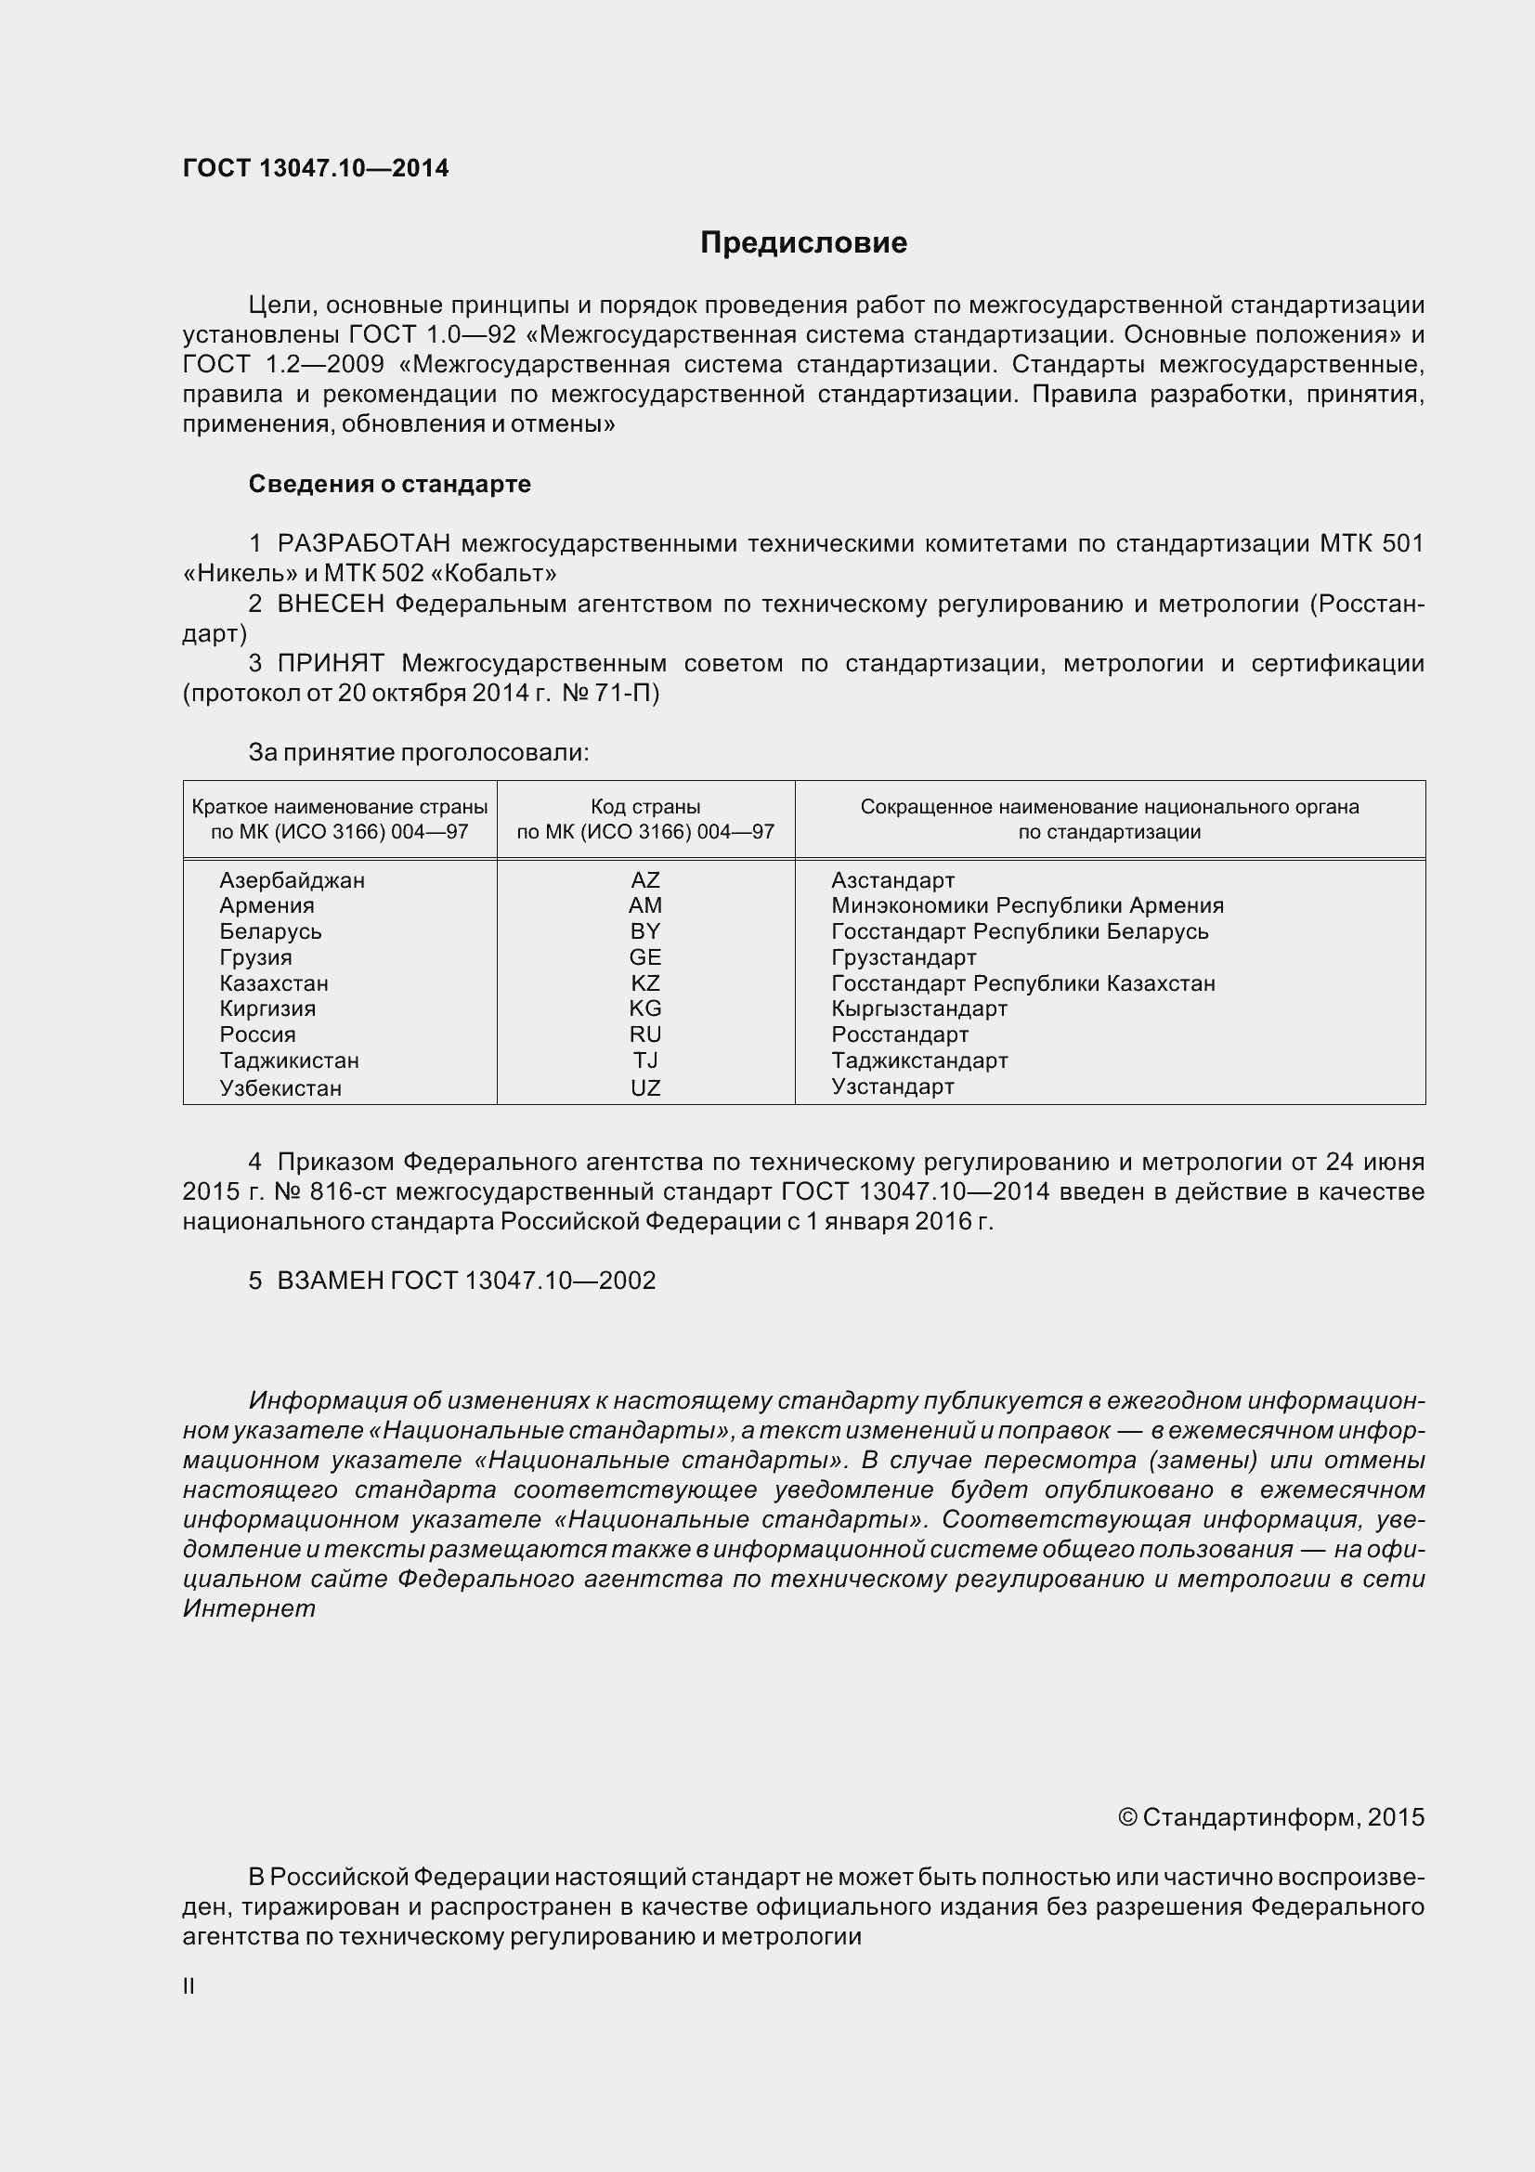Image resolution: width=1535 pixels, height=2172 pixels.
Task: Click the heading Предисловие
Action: (x=803, y=243)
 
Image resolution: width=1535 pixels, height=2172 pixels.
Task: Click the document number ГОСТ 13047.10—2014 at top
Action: (x=316, y=168)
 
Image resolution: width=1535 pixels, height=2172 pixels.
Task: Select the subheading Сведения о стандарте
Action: (x=390, y=484)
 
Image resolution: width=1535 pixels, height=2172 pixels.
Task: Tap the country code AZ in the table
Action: (x=645, y=879)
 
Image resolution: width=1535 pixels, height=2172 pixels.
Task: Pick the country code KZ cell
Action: (x=645, y=982)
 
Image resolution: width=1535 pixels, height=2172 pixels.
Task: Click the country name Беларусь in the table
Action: (x=270, y=930)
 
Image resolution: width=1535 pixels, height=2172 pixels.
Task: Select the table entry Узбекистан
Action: (x=280, y=1087)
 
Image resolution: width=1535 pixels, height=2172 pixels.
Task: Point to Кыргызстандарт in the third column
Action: (x=919, y=1008)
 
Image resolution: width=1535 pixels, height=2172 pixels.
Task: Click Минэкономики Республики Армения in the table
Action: (x=1027, y=905)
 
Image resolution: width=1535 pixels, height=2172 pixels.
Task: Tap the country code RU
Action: (x=645, y=1034)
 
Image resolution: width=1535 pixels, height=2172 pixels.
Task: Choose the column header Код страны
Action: (x=645, y=807)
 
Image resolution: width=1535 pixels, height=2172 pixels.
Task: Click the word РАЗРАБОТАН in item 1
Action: (x=364, y=543)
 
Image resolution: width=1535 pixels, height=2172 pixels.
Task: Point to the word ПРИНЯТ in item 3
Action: (x=330, y=663)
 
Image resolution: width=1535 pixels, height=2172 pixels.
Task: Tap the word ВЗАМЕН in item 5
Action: (x=329, y=1280)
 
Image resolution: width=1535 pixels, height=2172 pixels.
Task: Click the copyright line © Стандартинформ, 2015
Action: (x=1270, y=1816)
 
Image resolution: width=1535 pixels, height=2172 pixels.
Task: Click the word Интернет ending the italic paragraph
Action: (x=249, y=1608)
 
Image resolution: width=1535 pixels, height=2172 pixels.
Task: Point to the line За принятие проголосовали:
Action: (x=418, y=753)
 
